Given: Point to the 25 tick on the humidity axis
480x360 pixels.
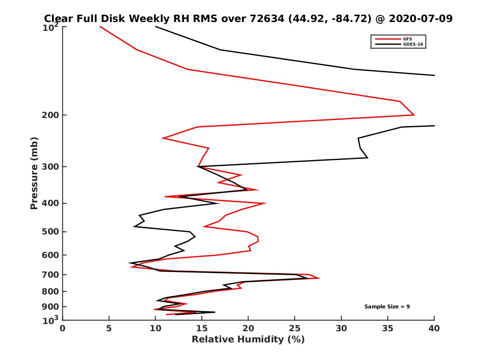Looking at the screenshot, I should (x=295, y=328).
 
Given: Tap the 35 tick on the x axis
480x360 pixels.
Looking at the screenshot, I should (x=388, y=328).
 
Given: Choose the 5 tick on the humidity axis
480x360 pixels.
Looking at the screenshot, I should (x=109, y=328).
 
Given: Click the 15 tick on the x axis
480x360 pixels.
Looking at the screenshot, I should (x=202, y=328).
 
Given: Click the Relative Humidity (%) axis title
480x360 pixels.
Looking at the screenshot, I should (x=248, y=340).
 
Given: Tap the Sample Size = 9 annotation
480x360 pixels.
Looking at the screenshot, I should (x=387, y=306).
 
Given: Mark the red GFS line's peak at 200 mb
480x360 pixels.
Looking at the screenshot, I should (x=414, y=115).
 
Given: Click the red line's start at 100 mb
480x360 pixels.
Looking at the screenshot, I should (x=100, y=26).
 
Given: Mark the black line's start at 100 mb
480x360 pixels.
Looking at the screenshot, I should (x=156, y=26).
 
